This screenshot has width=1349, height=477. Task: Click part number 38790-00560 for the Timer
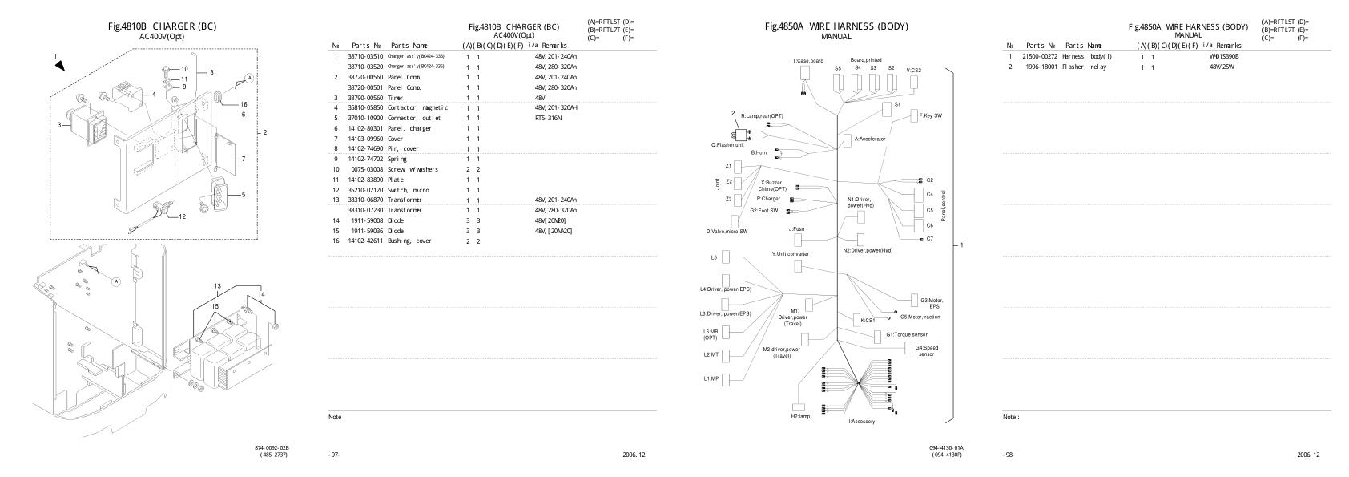point(365,98)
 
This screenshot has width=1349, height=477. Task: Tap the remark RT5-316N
point(548,118)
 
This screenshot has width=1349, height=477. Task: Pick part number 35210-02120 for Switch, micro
point(365,189)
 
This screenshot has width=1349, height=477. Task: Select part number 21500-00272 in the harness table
point(1040,57)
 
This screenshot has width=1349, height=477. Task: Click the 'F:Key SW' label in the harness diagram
point(930,116)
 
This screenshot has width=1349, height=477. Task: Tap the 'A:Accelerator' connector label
point(870,139)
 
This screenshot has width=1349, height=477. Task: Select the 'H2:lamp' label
point(800,417)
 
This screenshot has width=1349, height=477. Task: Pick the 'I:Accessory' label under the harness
point(862,422)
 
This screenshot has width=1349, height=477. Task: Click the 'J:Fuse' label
point(796,229)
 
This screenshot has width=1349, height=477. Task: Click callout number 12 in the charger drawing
point(182,216)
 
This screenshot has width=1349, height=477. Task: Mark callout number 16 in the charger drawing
point(244,104)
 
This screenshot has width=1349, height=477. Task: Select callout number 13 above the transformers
point(217,286)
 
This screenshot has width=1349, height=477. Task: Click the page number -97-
point(334,455)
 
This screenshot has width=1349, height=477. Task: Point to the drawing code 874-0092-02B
point(272,447)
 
